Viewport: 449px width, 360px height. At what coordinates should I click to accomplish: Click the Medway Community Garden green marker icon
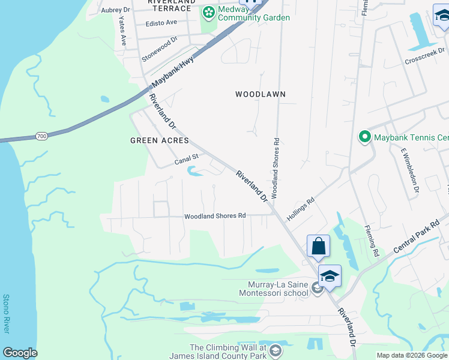click(x=208, y=12)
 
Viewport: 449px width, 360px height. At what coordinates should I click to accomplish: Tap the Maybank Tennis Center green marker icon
click(x=364, y=137)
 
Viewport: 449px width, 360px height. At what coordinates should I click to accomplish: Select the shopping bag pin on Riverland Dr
click(x=318, y=246)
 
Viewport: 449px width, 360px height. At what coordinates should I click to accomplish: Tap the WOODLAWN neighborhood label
click(x=260, y=94)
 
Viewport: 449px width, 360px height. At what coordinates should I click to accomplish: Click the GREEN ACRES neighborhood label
click(x=160, y=140)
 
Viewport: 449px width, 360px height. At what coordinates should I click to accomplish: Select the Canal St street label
click(x=186, y=160)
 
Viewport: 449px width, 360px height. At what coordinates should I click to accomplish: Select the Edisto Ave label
click(x=161, y=23)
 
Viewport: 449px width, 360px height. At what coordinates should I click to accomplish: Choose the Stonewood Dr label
click(x=160, y=50)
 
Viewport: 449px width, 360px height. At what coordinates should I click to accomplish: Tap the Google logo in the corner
click(x=20, y=353)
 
